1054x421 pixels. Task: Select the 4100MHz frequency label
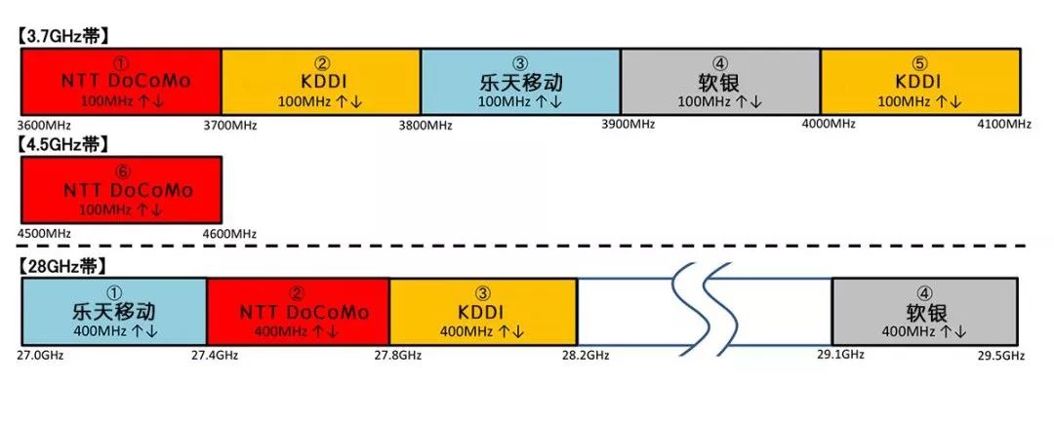coord(1004,124)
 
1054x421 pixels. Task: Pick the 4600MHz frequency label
coord(229,234)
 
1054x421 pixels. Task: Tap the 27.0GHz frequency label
coord(42,355)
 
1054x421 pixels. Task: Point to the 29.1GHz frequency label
coord(840,354)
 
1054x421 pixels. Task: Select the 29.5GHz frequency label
coord(999,355)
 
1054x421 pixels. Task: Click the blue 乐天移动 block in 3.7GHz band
coord(520,80)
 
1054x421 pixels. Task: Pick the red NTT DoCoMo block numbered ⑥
coord(121,189)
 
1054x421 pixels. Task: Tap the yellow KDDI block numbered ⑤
coord(920,80)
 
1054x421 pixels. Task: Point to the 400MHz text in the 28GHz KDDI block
coord(468,331)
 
